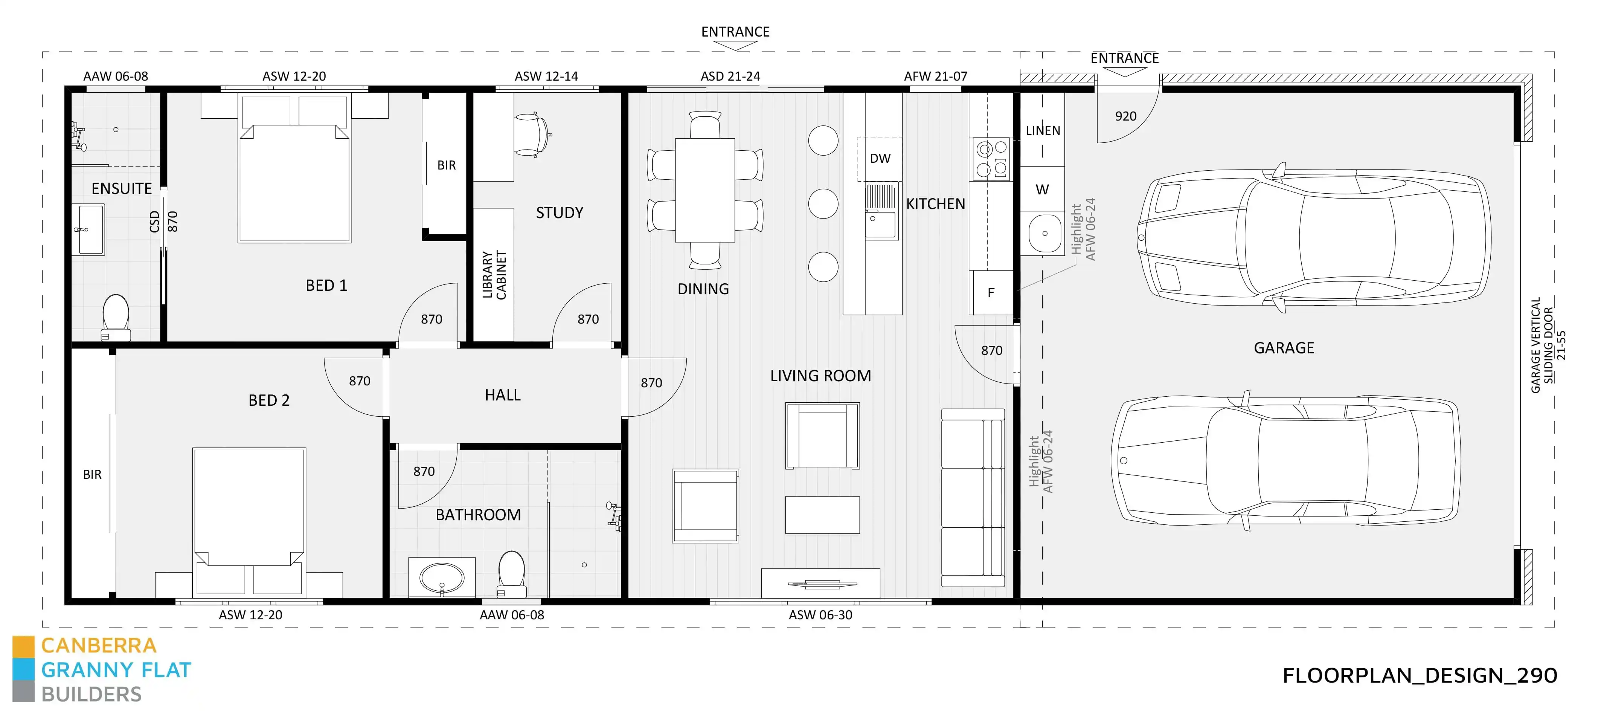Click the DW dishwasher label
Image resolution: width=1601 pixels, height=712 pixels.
click(880, 159)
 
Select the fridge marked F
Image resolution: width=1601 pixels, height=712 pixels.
click(991, 292)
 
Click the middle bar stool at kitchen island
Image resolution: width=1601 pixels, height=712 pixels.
click(823, 204)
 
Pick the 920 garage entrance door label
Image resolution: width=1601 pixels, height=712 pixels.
click(1125, 116)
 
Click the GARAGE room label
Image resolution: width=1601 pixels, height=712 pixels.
click(1284, 348)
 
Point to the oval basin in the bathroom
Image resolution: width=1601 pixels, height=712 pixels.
click(441, 578)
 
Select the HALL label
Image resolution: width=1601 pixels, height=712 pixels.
click(502, 395)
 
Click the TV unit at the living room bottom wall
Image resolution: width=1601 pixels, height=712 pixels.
click(820, 583)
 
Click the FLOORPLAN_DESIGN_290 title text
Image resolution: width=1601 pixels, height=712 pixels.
click(1420, 675)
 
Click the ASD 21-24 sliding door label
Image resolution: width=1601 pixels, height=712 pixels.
click(730, 76)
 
